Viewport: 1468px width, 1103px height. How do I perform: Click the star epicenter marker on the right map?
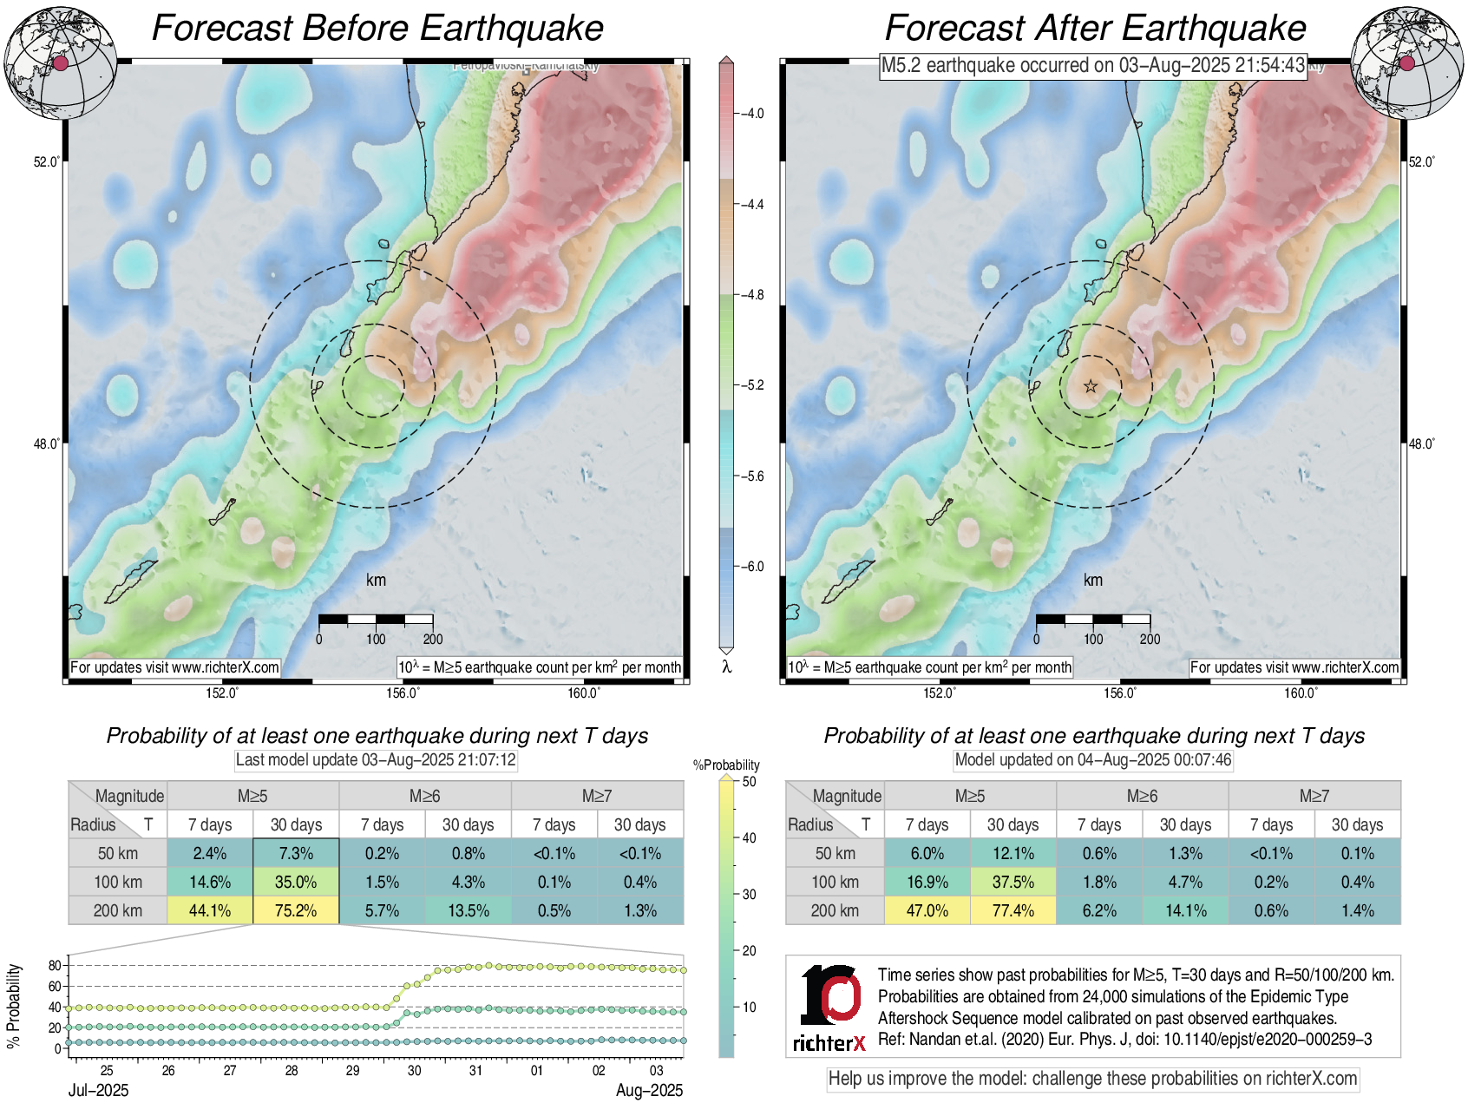[x=1091, y=386]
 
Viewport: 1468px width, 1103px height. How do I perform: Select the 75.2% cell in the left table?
[x=296, y=910]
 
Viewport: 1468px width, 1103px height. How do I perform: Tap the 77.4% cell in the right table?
[x=1013, y=910]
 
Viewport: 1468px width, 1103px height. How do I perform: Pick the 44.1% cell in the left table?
[x=210, y=910]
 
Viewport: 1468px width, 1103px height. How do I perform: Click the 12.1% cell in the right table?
[x=1013, y=853]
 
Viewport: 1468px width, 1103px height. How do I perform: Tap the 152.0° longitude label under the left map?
[x=222, y=693]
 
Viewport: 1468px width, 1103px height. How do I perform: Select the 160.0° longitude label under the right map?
[x=1300, y=693]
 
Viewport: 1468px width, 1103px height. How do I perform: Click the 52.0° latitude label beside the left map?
[x=47, y=161]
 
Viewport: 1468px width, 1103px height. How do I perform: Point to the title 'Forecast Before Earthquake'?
[x=377, y=28]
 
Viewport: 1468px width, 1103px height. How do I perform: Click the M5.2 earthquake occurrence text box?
[x=1092, y=65]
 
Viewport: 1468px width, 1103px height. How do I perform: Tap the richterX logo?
[x=829, y=1008]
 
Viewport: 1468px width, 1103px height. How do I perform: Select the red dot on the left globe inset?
[x=60, y=62]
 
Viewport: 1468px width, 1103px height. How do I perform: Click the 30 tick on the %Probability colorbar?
[x=749, y=894]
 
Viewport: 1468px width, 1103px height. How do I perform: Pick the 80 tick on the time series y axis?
[x=55, y=965]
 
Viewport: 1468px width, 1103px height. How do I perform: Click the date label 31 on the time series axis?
[x=475, y=1070]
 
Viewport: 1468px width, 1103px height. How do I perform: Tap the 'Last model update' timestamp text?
[x=376, y=760]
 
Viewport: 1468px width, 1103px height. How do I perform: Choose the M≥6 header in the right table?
[x=1142, y=796]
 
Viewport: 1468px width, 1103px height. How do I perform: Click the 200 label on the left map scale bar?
[x=432, y=639]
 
